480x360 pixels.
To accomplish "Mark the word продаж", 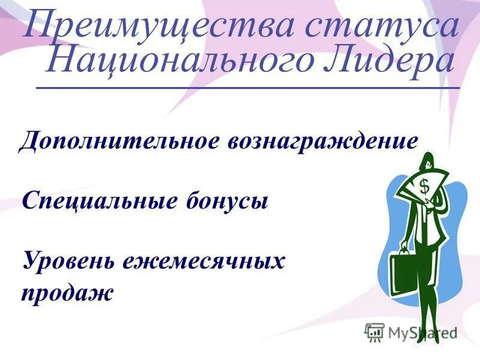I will pyautogui.click(x=67, y=294).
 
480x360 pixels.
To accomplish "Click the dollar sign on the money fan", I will pyautogui.click(x=424, y=187).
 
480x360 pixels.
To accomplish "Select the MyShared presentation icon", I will pyautogui.click(x=374, y=332).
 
